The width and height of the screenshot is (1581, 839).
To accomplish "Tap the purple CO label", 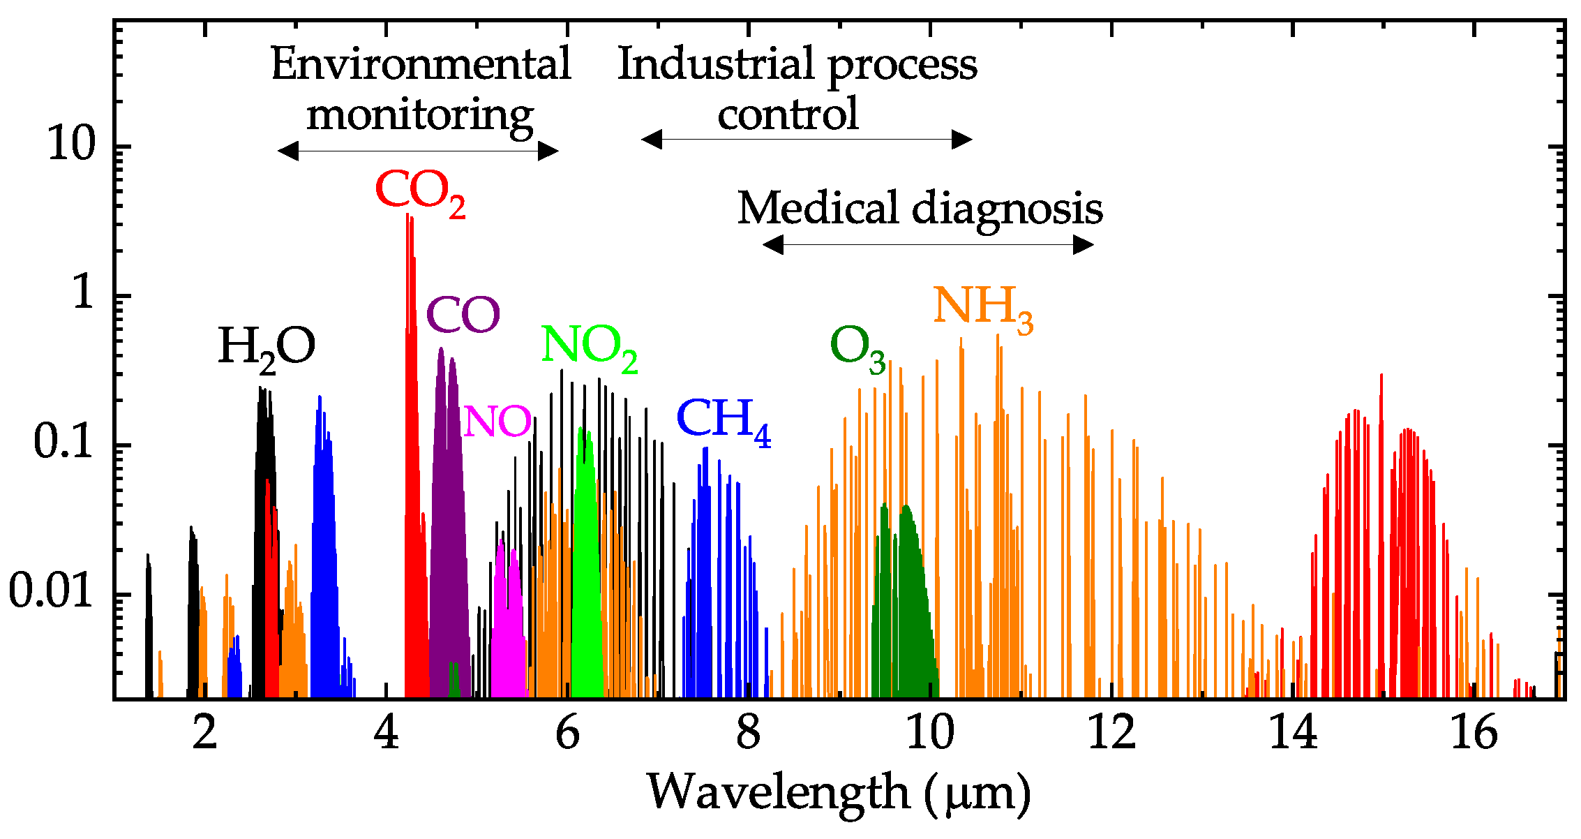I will (x=463, y=315).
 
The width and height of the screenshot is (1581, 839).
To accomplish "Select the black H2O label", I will (x=267, y=348).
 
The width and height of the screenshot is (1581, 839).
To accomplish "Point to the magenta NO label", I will (x=497, y=422).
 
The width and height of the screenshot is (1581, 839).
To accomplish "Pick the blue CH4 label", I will (x=724, y=420).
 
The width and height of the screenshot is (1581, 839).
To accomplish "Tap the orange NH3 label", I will (x=982, y=308).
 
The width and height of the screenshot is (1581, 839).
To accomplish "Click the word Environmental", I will (x=421, y=64).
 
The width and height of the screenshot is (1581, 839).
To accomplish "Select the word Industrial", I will (x=717, y=64).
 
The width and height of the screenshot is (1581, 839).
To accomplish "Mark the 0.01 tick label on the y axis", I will (x=50, y=592).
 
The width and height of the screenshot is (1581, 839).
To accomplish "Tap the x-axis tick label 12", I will (x=1111, y=734).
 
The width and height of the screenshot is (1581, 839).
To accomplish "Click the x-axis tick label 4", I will (x=386, y=734).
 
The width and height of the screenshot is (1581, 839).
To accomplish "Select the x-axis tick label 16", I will (x=1474, y=734).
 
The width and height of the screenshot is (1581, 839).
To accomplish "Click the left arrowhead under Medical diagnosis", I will (x=773, y=244).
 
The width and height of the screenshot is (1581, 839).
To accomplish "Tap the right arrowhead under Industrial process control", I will (x=962, y=140).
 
